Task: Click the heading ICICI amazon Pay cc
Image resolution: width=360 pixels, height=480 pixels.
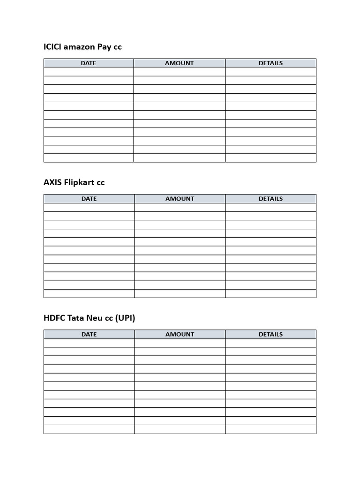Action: tap(82, 47)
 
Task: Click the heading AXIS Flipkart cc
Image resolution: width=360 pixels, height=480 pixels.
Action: tap(74, 182)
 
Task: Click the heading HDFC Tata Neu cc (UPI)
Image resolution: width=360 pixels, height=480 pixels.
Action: tap(89, 318)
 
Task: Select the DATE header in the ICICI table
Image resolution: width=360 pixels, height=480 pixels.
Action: tap(89, 63)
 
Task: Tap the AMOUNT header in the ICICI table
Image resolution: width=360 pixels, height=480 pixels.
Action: tap(179, 63)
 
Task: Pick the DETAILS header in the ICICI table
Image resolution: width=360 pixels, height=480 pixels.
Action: tap(270, 63)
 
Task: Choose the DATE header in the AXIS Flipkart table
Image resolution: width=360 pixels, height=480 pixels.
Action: tap(89, 198)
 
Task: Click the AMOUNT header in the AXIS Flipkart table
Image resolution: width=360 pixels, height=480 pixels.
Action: tap(180, 198)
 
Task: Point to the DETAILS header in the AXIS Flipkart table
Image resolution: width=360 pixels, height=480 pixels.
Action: tap(270, 198)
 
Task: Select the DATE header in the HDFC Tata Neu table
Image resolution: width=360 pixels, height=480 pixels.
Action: tap(89, 334)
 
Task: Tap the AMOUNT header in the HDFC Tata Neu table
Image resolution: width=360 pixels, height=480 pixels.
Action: tap(180, 334)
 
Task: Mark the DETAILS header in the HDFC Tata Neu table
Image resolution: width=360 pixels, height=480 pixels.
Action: tap(270, 334)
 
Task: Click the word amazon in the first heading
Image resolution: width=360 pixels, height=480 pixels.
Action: tap(79, 47)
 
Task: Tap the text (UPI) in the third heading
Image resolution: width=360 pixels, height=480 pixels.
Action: tap(126, 318)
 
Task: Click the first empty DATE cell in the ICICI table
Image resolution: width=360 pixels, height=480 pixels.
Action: tap(89, 72)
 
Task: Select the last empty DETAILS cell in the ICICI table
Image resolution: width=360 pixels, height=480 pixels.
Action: tap(270, 158)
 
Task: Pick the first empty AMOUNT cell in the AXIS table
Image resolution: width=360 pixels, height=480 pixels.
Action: tap(180, 207)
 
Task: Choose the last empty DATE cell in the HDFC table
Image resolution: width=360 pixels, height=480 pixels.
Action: tap(89, 429)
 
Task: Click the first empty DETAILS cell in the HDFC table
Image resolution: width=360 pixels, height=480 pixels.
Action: tap(270, 343)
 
